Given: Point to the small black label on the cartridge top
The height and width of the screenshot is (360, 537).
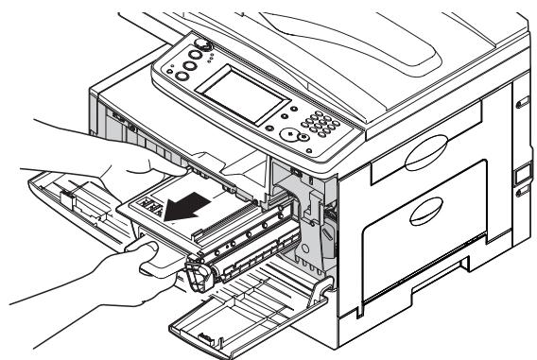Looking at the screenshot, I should [147, 205].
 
